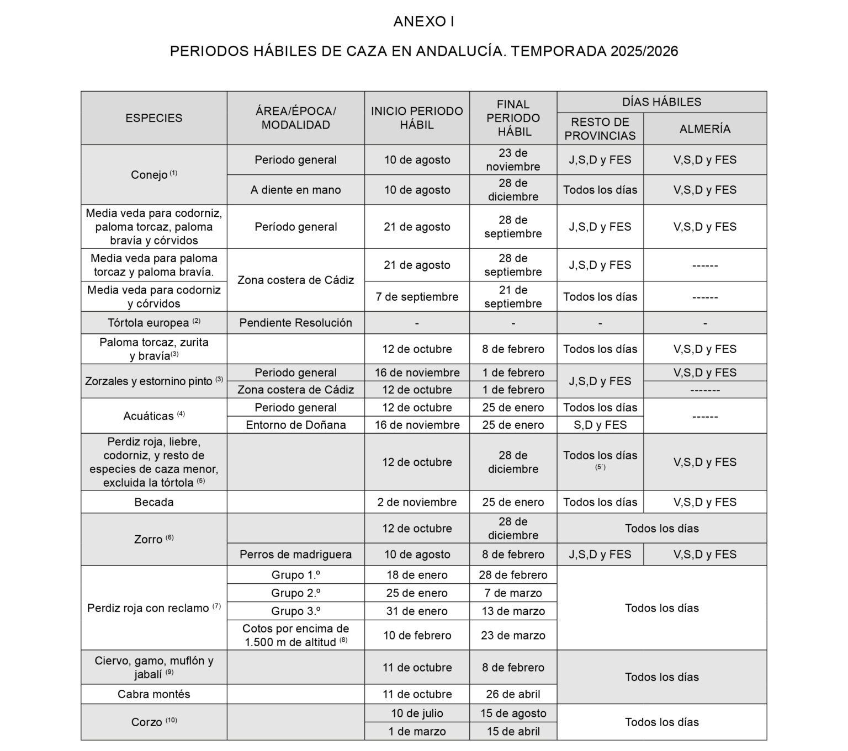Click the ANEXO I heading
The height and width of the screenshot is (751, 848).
(x=423, y=22)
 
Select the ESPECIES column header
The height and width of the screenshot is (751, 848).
(x=153, y=118)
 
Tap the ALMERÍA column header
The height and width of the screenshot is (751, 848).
(x=704, y=129)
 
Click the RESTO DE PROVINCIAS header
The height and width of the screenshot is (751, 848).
(x=600, y=129)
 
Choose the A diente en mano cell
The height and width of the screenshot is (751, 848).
(x=295, y=190)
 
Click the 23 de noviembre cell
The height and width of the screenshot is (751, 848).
(x=513, y=159)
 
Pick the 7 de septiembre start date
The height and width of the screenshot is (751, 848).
(x=417, y=297)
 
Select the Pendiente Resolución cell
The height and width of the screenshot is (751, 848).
(x=295, y=323)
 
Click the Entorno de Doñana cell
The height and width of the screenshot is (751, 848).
(x=295, y=425)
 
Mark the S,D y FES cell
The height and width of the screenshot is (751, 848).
(x=600, y=425)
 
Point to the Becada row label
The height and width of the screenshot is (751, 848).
(x=153, y=502)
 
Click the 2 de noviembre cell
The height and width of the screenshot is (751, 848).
(x=417, y=502)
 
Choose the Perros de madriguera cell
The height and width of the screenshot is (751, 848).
(x=295, y=555)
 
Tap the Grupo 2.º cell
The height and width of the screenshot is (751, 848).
(x=295, y=593)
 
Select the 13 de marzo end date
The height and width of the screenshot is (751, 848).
(x=513, y=611)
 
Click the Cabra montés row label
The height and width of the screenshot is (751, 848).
(x=153, y=694)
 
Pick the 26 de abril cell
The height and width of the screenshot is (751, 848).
(x=513, y=694)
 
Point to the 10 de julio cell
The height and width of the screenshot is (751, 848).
(x=417, y=713)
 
